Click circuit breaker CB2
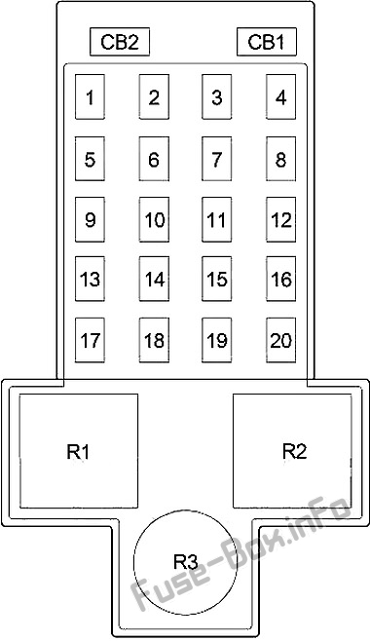120,41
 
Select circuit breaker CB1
266,41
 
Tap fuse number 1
90,96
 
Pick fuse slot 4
281,96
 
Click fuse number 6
154,159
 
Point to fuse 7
217,159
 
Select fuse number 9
90,219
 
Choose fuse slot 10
154,219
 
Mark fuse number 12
281,219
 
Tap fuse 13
90,279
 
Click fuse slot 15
217,279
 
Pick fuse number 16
281,279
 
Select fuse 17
90,340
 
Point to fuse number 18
154,340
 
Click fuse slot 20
281,340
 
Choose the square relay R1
79,451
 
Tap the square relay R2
292,451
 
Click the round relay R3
185,562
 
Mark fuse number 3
217,96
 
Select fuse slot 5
90,159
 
